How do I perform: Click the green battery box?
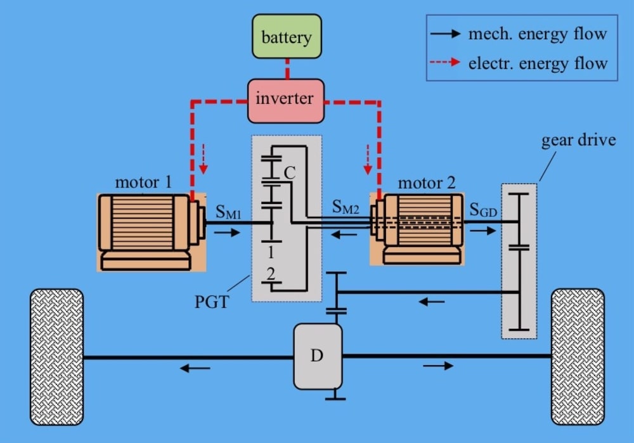pos(287,37)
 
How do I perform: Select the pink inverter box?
pos(285,100)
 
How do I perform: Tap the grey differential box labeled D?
pos(317,356)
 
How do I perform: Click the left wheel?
pos(56,357)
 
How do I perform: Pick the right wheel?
pos(578,357)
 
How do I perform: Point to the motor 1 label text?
pos(143,183)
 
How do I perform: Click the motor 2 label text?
pos(426,183)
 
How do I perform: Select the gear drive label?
pos(578,140)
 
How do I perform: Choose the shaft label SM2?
pos(347,208)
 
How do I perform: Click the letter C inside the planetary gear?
pos(289,172)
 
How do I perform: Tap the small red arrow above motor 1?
pos(203,158)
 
